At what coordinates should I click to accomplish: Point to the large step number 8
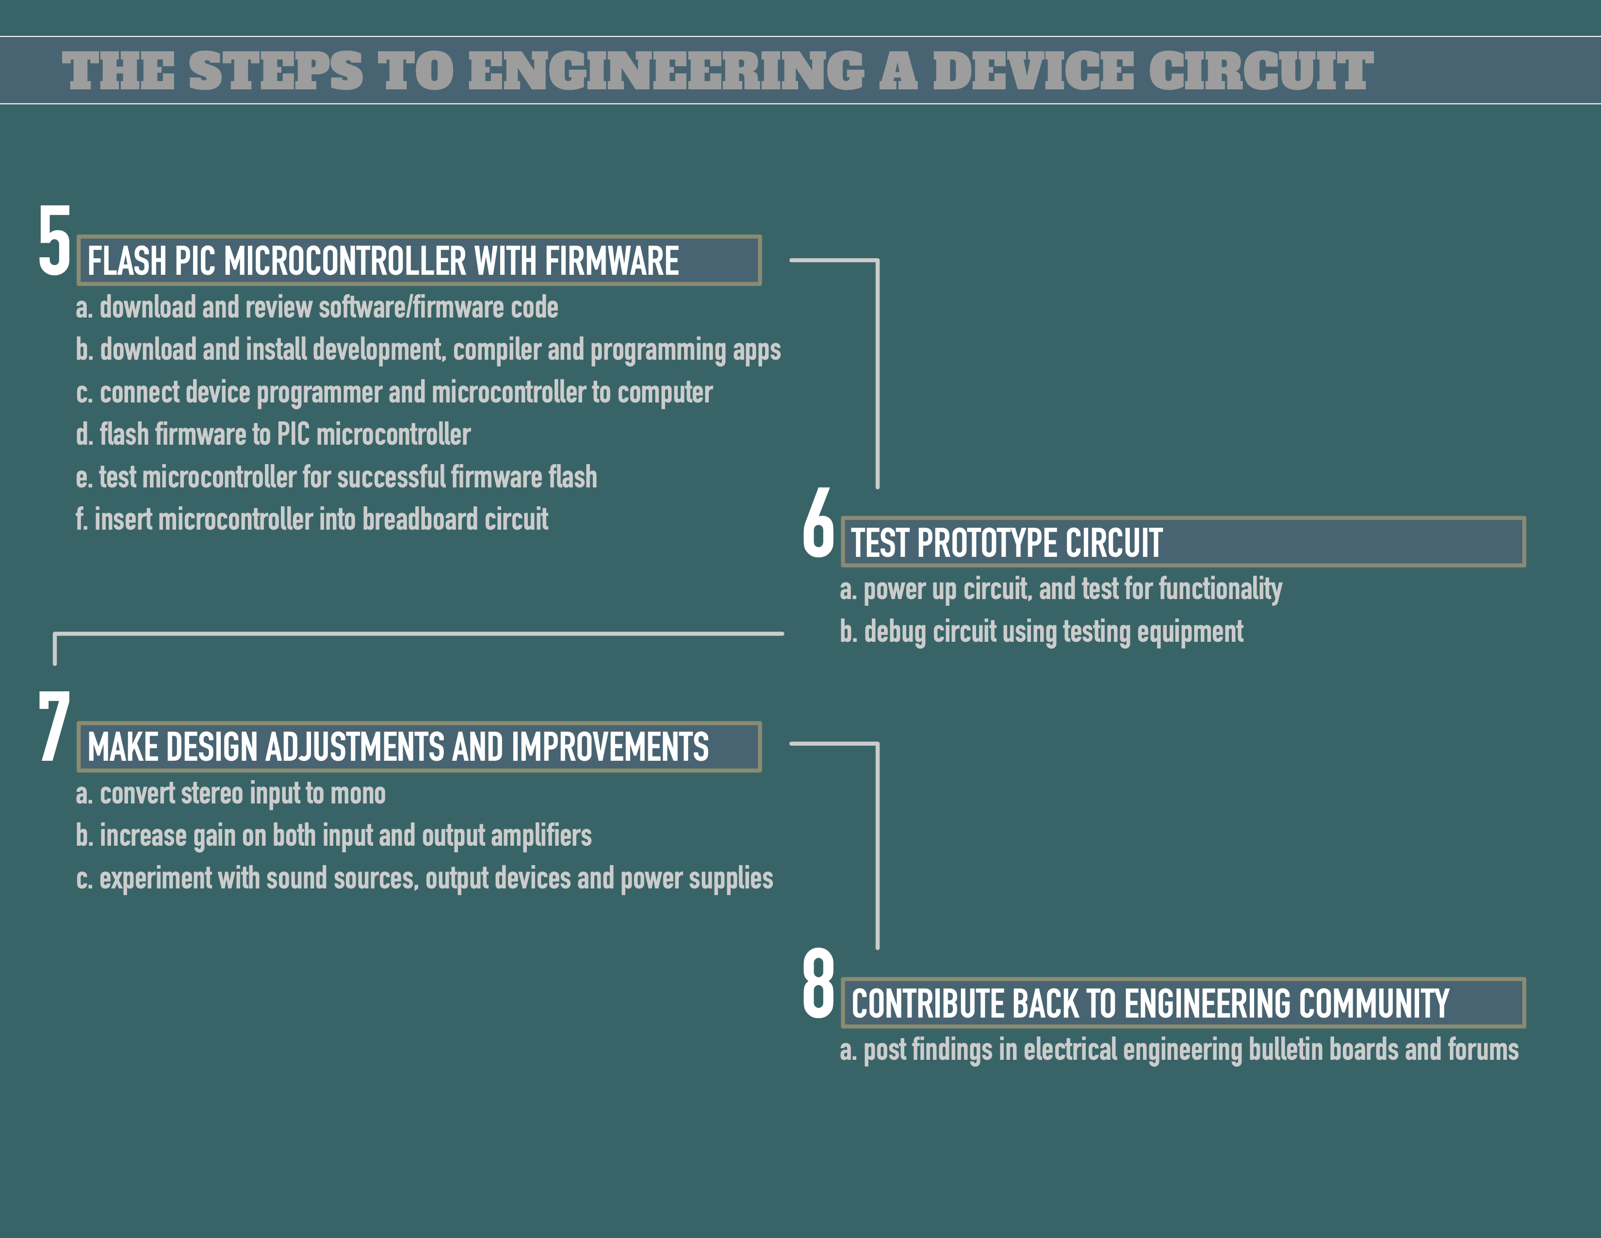point(818,984)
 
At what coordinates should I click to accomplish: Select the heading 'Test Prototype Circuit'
point(1007,543)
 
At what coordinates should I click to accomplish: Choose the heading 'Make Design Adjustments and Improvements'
point(398,747)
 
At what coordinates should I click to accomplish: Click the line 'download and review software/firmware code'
point(317,307)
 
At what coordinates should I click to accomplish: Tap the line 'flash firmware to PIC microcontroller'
point(274,434)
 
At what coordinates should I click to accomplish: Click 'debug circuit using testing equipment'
point(1041,632)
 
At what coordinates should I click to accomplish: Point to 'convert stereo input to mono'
point(231,794)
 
